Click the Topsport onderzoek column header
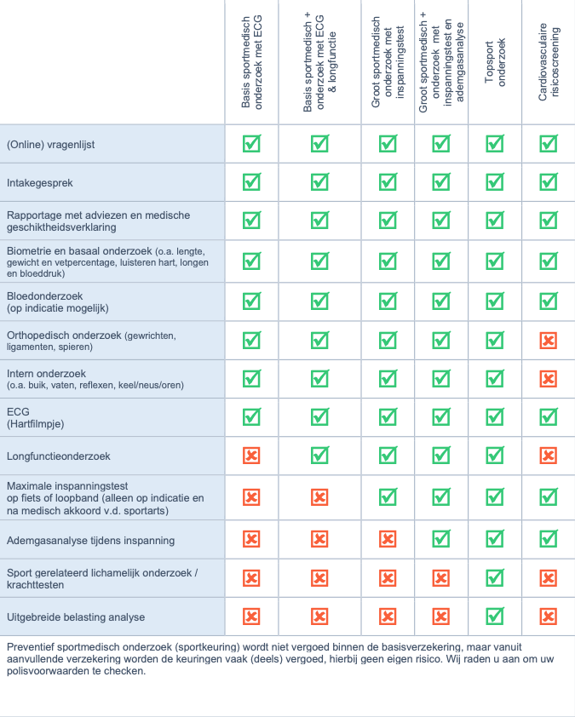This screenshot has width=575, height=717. pos(495,62)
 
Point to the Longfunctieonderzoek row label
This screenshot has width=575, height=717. pos(59,456)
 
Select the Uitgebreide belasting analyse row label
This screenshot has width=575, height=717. pos(76,617)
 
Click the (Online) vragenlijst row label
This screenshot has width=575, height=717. pos(50,145)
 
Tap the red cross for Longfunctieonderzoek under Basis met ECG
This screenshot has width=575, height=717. pos(252,456)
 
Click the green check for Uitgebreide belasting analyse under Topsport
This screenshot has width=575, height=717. pos(495,617)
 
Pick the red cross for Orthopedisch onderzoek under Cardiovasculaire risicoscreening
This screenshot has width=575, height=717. pos(549,341)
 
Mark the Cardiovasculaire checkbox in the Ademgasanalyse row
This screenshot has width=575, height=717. pos(549,539)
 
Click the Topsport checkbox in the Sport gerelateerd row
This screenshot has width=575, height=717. pos(495,578)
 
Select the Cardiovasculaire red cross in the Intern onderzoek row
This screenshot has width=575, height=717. pos(549,379)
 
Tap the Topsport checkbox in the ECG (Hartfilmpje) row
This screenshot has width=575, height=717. pos(495,417)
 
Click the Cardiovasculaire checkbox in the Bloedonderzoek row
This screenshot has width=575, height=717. pos(549,301)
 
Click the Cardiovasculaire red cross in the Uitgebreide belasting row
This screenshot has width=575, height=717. pos(549,617)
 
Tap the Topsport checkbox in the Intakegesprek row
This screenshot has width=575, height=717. pos(495,182)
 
